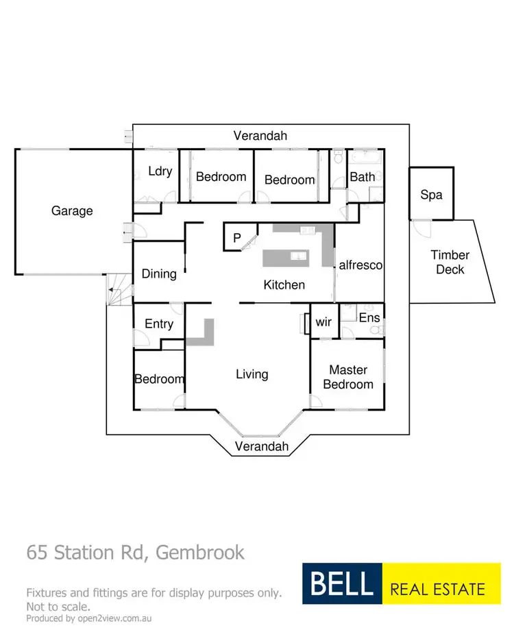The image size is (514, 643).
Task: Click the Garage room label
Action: pos(72,211)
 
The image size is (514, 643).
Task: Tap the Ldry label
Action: pos(160,171)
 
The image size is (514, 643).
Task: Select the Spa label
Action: pos(431,195)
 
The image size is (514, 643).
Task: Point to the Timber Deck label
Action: pos(450,262)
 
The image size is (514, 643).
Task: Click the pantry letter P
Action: pos(237,238)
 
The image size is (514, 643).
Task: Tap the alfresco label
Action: pos(360,265)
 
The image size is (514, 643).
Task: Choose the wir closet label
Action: pos(323,322)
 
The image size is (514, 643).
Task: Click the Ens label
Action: pos(369,317)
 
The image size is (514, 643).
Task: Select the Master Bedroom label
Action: pos(348,377)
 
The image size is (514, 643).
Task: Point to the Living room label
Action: pos(252,374)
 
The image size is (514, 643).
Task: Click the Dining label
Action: pos(159,274)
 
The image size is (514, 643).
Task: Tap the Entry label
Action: pos(159,324)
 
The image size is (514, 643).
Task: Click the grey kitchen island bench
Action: pos(286,258)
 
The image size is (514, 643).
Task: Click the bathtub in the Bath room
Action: pos(365,158)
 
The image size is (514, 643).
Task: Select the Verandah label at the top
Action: pos(260,136)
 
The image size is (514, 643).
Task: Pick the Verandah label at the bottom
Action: pos(262,446)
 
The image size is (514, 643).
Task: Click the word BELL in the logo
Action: pos(342,583)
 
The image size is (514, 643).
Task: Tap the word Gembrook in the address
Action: pos(200,553)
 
